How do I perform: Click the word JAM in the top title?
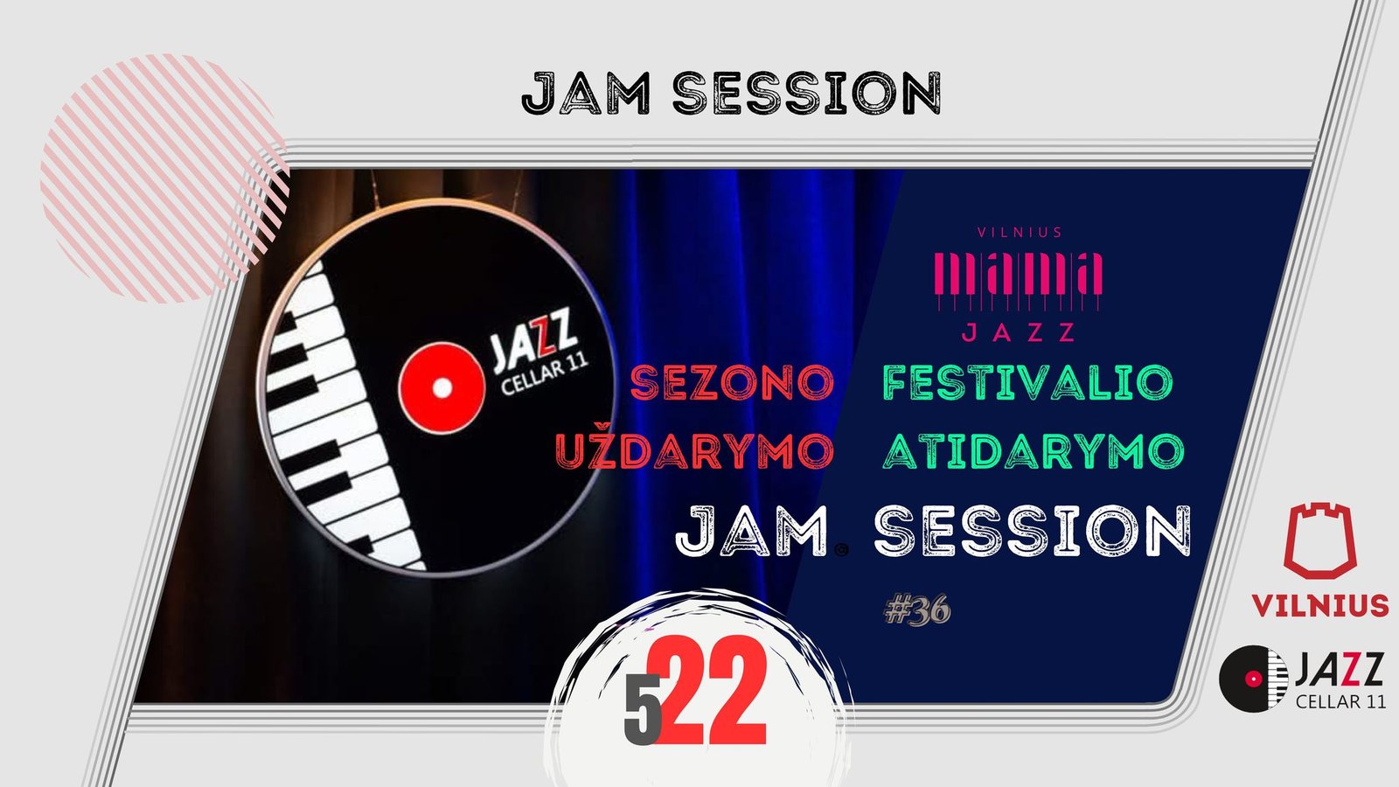586,93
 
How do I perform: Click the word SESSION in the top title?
807,93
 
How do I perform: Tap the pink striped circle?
164,178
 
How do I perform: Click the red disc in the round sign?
442,388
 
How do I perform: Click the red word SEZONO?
732,382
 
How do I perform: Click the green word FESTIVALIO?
1028,382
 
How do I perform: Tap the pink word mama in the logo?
1018,275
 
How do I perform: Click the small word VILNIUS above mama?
1020,233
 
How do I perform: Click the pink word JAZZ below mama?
1018,332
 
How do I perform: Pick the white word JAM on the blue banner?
752,531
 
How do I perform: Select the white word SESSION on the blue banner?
1032,531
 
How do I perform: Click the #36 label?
917,609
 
